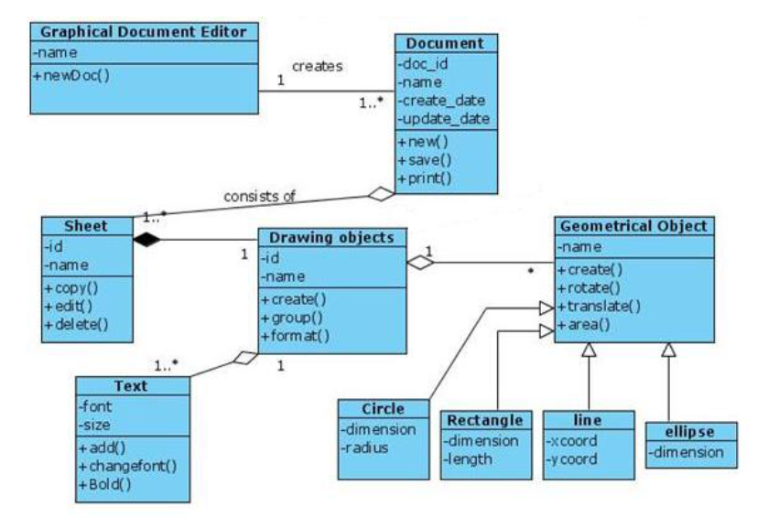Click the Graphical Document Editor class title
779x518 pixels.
[x=144, y=31]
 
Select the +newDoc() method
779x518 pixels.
[x=71, y=74]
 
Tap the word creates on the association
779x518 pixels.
[x=317, y=66]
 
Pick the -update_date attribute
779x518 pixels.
[x=444, y=118]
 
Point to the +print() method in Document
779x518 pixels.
[x=426, y=178]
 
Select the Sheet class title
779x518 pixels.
[x=88, y=225]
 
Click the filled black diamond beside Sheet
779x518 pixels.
[x=146, y=240]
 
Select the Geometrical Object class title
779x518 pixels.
[x=633, y=225]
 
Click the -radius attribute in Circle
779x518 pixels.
[x=366, y=448]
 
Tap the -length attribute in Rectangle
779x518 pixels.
[x=469, y=459]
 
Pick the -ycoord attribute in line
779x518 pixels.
[x=573, y=459]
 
